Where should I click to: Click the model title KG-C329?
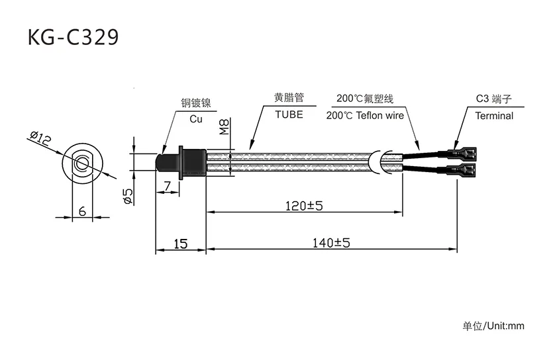coord(74,38)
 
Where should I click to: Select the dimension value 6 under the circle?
coord(81,211)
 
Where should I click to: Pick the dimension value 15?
coord(180,244)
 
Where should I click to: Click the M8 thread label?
coord(224,126)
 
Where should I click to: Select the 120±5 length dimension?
coord(304,206)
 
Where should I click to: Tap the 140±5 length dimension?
coord(331,243)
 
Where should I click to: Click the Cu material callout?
coord(196,119)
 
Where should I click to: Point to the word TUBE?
coord(289,114)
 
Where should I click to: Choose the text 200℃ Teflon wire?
coord(365,115)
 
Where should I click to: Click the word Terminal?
coord(494,116)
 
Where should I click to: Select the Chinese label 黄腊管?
coord(289,97)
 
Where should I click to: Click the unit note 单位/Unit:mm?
coord(493,326)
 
